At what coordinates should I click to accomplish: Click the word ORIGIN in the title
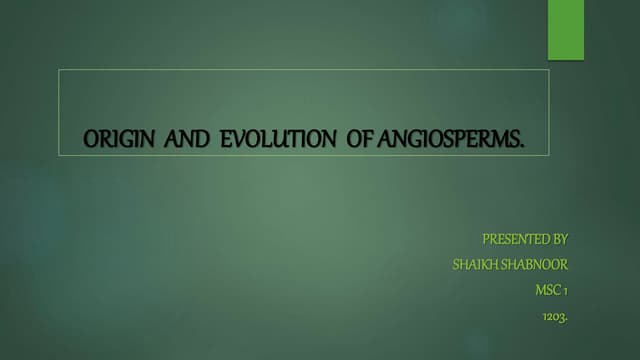coord(119,139)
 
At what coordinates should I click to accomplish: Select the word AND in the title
coord(187,139)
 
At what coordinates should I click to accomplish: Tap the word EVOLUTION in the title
coord(278,139)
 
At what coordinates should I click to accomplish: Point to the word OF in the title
coord(360,139)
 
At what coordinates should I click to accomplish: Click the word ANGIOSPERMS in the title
coord(448,139)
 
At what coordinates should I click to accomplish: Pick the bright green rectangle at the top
coord(566,30)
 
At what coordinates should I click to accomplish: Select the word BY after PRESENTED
coord(560,239)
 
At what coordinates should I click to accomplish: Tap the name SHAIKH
coord(475,264)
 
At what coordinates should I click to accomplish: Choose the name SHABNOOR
coord(534,264)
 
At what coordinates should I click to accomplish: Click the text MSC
coord(548,290)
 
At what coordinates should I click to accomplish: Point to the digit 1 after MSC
coord(566,291)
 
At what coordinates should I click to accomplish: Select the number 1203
coord(554,316)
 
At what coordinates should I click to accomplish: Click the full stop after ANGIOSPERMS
coord(522,146)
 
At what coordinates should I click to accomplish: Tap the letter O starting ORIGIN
coord(91,139)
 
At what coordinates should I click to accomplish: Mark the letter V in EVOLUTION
coord(238,139)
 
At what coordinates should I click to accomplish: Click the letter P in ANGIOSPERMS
coord(460,139)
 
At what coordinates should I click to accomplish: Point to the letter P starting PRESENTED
coord(486,239)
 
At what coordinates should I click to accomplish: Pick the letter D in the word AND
coord(202,139)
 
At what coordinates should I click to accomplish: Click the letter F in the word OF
coord(368,139)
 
